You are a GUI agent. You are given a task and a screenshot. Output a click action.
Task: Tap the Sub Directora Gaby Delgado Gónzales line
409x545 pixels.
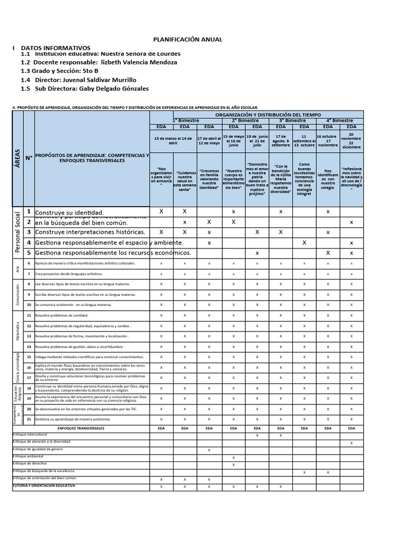(85, 88)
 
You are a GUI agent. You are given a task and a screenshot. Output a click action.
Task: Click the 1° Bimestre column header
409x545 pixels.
(185, 121)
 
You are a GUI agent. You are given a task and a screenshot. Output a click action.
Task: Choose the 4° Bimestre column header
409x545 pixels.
(339, 121)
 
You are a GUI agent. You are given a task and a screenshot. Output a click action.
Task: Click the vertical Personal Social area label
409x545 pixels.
(18, 233)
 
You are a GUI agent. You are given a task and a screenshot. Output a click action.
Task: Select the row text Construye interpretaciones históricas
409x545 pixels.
(90, 232)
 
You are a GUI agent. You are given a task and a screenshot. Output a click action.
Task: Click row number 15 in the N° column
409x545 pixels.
(29, 356)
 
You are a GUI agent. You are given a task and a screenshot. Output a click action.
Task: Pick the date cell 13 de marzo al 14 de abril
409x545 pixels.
(173, 141)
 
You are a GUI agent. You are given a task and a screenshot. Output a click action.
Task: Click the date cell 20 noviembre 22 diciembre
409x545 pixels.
(351, 141)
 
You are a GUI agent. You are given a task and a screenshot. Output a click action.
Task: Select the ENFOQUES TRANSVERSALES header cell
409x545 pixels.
(81, 428)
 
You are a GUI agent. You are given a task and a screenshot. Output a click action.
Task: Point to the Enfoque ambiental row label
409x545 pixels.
(30, 457)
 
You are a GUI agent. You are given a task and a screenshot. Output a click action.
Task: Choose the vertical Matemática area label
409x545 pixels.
(18, 331)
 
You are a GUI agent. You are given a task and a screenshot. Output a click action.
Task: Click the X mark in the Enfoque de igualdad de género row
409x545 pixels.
(209, 450)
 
